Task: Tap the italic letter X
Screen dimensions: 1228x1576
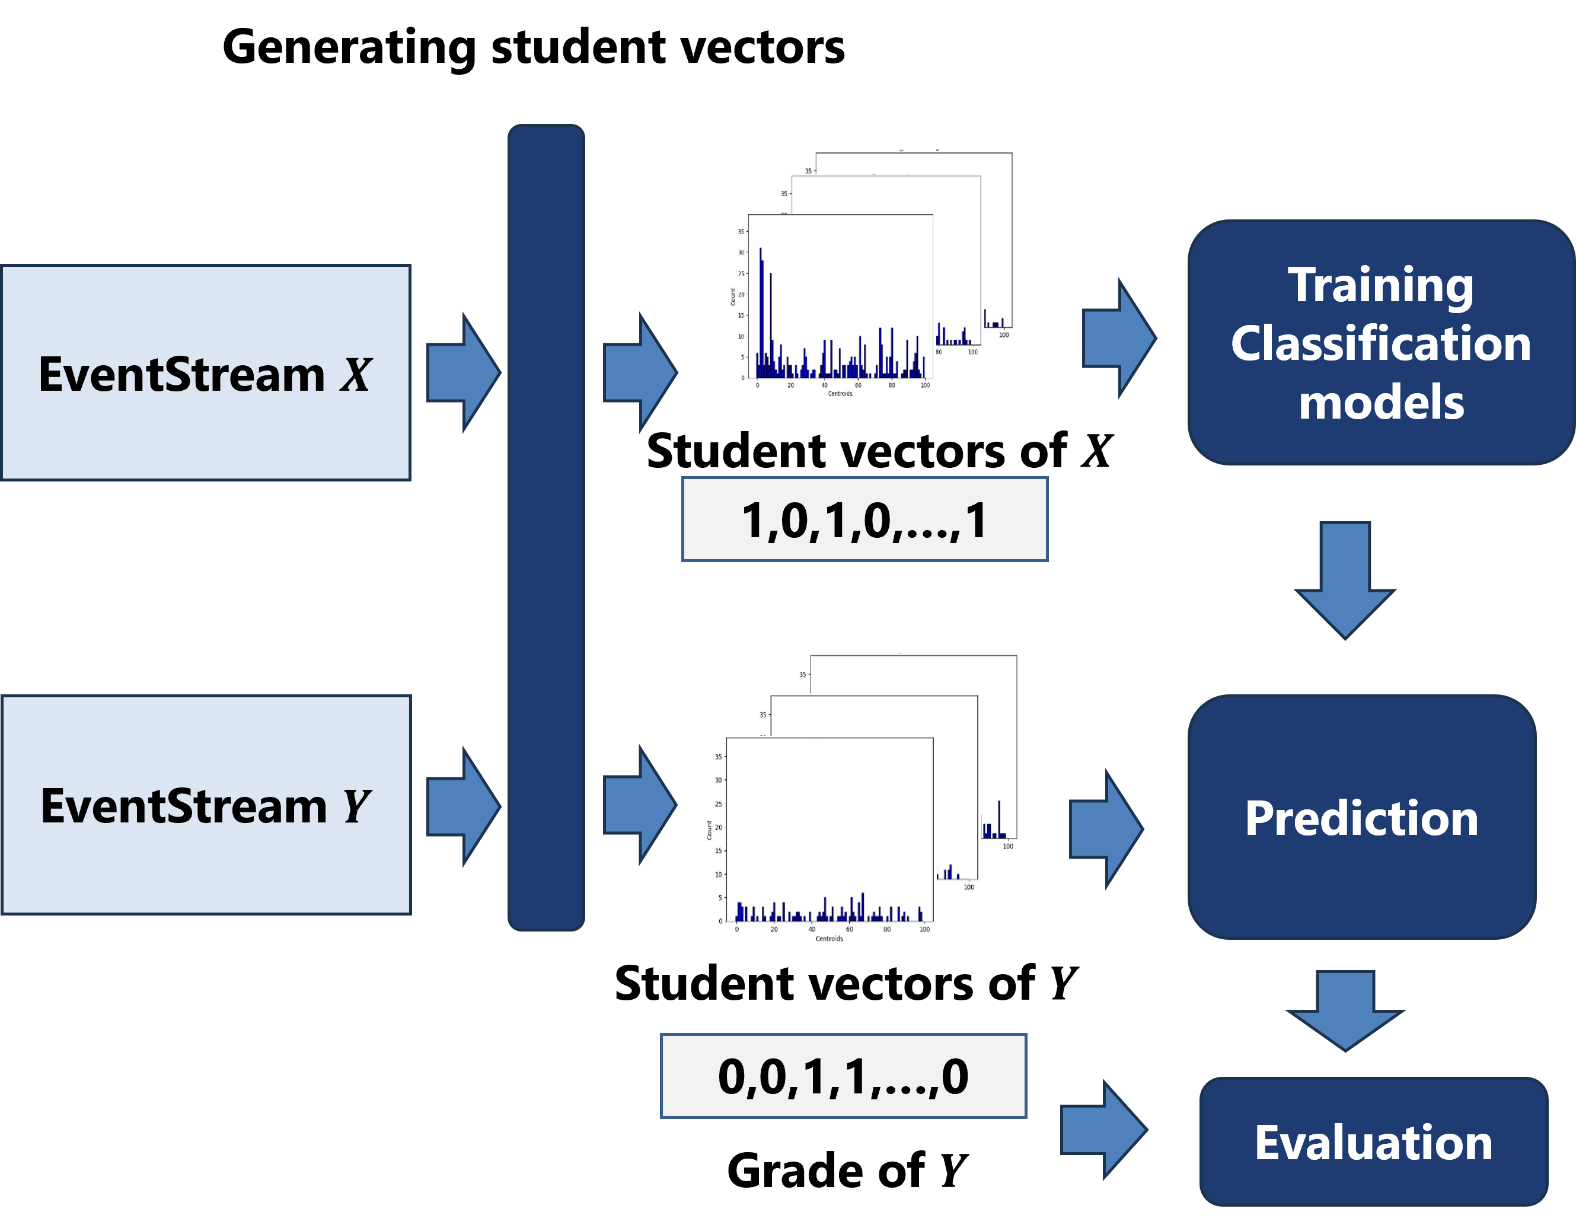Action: point(355,375)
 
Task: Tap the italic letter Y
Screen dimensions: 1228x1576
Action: point(356,806)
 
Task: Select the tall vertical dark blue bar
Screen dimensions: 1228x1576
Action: point(545,527)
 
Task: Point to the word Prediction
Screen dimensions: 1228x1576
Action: point(1361,818)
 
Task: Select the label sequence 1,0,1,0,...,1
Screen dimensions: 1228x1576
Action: point(864,519)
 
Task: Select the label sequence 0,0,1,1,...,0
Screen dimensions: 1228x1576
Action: point(843,1076)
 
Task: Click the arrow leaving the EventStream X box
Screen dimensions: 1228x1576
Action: point(462,373)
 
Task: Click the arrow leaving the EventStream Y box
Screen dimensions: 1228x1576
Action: point(462,806)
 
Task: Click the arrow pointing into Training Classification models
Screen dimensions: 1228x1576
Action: point(1118,337)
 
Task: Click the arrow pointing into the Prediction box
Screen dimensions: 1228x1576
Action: point(1105,829)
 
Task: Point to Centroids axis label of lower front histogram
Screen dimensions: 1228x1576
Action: point(829,939)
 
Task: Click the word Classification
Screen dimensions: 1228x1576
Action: point(1380,343)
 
